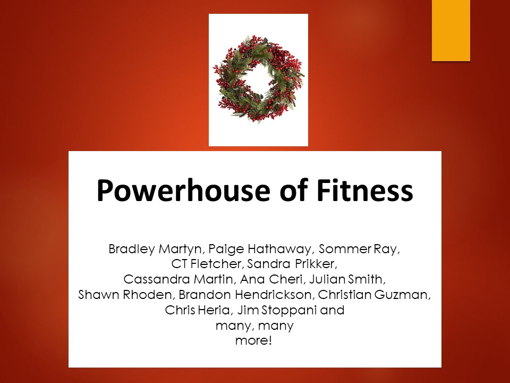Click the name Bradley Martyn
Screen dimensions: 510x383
point(155,249)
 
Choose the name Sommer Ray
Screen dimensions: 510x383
point(358,249)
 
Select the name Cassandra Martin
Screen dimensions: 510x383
point(178,279)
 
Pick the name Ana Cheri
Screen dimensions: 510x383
point(271,279)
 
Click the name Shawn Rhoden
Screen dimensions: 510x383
point(124,295)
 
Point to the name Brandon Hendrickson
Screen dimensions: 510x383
point(245,295)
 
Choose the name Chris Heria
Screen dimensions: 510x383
point(197,310)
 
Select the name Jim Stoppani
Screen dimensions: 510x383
point(277,310)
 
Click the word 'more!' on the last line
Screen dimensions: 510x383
point(253,340)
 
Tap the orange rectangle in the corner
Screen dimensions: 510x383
point(451,30)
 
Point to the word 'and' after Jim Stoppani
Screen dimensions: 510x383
point(332,310)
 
